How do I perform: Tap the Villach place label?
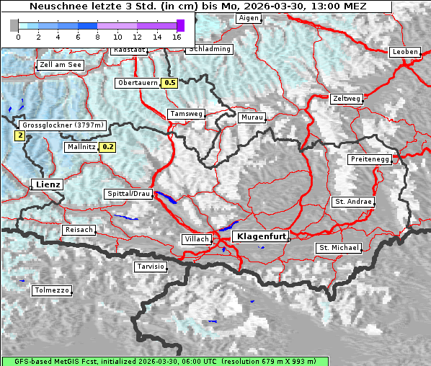pyautogui.click(x=196, y=238)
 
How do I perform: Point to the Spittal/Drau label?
pyautogui.click(x=128, y=194)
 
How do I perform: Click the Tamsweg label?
pyautogui.click(x=186, y=114)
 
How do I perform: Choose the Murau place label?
pyautogui.click(x=252, y=117)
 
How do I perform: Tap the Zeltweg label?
pyautogui.click(x=346, y=98)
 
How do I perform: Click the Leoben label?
pyautogui.click(x=404, y=52)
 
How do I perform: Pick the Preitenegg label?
pyautogui.click(x=370, y=159)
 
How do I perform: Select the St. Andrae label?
pyautogui.click(x=352, y=202)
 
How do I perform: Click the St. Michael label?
pyautogui.click(x=339, y=248)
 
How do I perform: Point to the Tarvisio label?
pyautogui.click(x=151, y=267)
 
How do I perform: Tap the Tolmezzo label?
pyautogui.click(x=51, y=290)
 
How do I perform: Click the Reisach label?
pyautogui.click(x=79, y=230)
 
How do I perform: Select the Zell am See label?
pyautogui.click(x=61, y=65)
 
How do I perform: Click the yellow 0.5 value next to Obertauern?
pyautogui.click(x=170, y=83)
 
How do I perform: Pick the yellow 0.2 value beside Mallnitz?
pyautogui.click(x=108, y=147)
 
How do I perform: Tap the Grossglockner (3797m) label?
pyautogui.click(x=63, y=125)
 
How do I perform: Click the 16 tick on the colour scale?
pyautogui.click(x=177, y=36)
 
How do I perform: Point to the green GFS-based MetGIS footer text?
pyautogui.click(x=165, y=361)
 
